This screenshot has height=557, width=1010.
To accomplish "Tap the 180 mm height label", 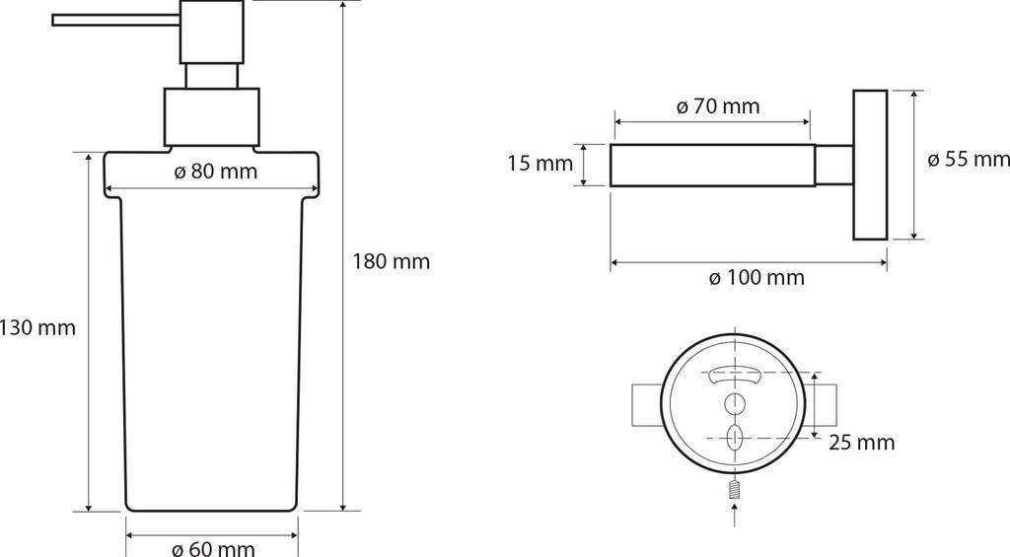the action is point(391,261).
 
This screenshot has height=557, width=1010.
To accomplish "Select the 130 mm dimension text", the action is point(38,327).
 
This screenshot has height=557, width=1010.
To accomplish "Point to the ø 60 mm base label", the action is point(214,548).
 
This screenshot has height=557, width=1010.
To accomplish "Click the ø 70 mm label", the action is point(718,105).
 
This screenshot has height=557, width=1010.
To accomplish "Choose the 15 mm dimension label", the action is point(540,164).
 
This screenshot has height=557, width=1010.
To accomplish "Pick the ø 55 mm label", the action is point(969,159).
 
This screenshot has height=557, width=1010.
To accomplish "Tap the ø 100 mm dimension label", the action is point(757,278).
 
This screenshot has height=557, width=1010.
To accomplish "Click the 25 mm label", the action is point(862,443).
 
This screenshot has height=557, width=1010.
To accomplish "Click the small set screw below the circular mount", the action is point(734,490).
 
